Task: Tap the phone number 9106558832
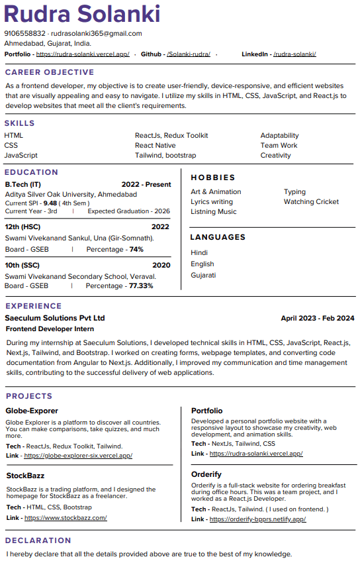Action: click(x=24, y=33)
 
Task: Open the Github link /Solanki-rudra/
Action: click(x=189, y=54)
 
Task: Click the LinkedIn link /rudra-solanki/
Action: click(x=294, y=54)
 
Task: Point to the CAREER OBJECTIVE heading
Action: click(x=50, y=72)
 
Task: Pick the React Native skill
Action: click(x=156, y=145)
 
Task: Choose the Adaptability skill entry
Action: click(x=279, y=135)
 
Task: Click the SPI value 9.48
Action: click(x=50, y=203)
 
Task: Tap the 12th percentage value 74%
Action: click(x=136, y=250)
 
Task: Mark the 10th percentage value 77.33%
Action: click(x=140, y=286)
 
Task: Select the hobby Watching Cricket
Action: click(x=311, y=201)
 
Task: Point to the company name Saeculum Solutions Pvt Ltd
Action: click(x=55, y=318)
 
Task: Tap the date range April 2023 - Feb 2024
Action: click(x=317, y=318)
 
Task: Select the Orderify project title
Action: click(x=206, y=474)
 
